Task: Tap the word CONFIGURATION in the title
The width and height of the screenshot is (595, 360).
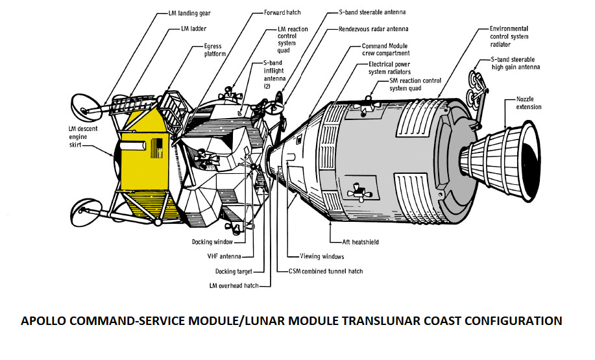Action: click(508, 321)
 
